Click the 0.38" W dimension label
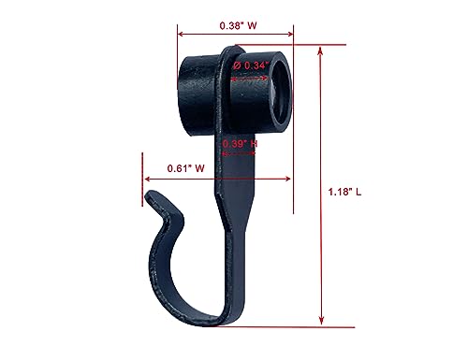(x=238, y=26)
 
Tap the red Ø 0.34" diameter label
(x=250, y=65)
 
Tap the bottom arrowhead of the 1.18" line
(x=323, y=323)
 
